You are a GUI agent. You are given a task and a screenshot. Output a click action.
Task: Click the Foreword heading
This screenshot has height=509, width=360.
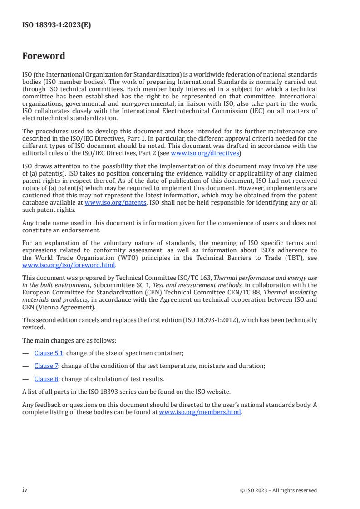(44, 56)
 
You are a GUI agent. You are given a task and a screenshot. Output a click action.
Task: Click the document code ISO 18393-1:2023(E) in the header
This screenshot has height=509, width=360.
(57, 25)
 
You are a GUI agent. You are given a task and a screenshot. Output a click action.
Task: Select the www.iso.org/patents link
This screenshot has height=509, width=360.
(115, 203)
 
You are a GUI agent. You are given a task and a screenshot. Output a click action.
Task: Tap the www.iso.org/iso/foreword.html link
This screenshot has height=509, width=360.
(69, 265)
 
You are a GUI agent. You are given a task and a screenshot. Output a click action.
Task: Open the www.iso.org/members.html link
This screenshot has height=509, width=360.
(200, 412)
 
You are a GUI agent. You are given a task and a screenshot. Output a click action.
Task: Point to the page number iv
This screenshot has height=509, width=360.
(25, 490)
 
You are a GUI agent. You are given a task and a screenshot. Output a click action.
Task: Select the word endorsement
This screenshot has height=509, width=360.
(72, 230)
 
